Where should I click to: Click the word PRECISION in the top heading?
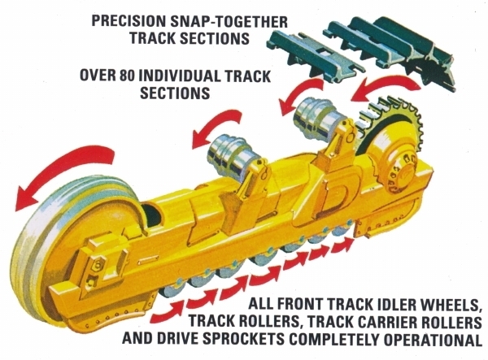129,22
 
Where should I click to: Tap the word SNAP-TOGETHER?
229,22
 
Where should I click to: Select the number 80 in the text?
127,76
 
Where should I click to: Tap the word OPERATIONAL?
433,339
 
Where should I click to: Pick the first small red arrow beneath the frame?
167,312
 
